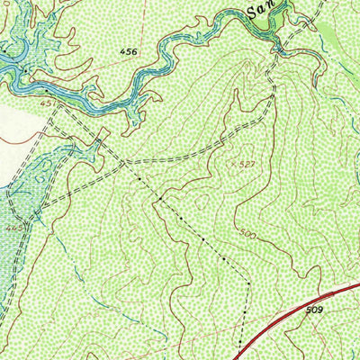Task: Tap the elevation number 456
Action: tap(129, 53)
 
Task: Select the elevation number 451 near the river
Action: tap(48, 103)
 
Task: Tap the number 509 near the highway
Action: tap(314, 310)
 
